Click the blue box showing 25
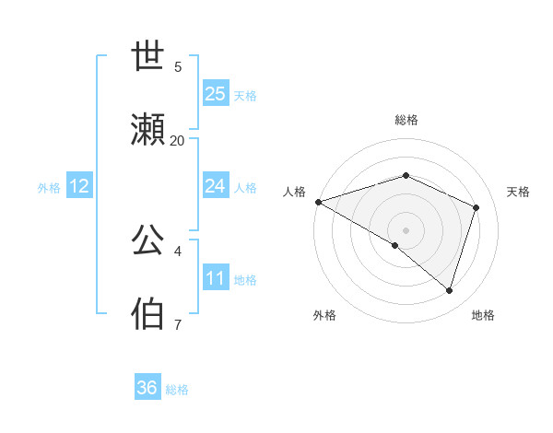pos(216,94)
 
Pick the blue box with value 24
pos(216,186)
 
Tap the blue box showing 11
pos(216,278)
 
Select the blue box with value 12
pos(79,186)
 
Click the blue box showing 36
pos(147,388)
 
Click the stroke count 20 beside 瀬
pos(177,140)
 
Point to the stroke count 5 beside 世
pos(178,66)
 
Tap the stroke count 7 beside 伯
pos(178,324)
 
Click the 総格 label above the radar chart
pos(406,120)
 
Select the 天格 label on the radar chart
pos(518,192)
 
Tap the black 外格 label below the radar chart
pos(324,315)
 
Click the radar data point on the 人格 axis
pos(318,202)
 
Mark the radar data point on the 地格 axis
pos(450,291)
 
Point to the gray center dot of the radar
pos(406,229)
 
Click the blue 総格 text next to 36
pos(177,390)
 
